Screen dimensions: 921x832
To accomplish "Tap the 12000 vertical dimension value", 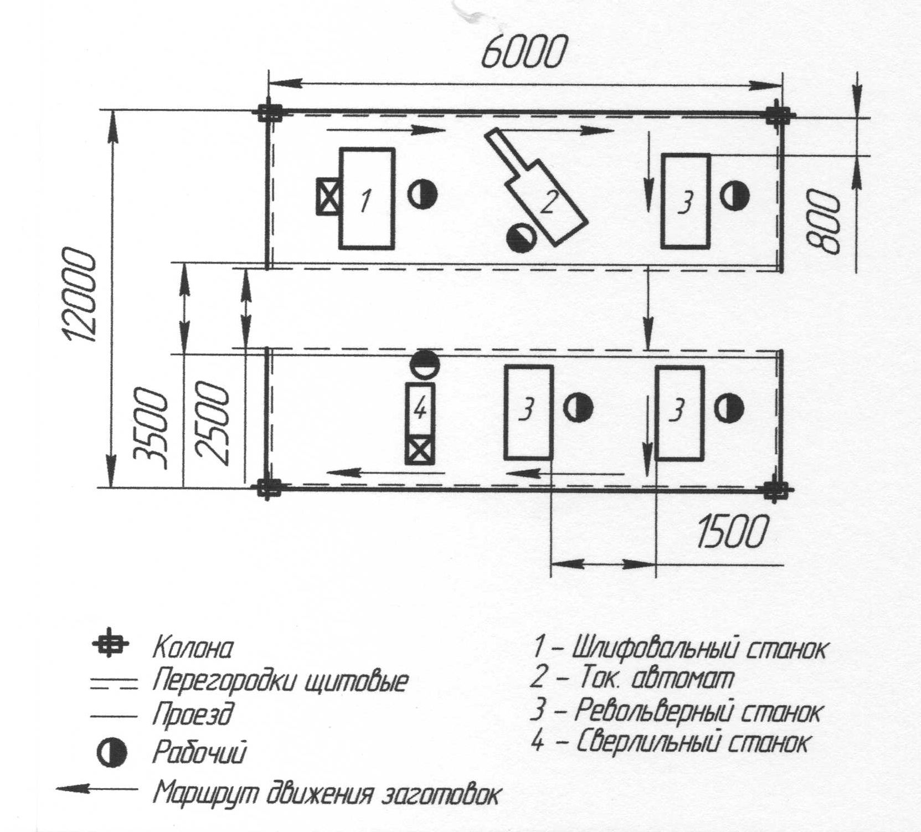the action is tap(79, 295).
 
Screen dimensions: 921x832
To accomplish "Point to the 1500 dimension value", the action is tap(733, 531).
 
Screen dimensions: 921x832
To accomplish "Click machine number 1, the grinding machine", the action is tap(367, 198).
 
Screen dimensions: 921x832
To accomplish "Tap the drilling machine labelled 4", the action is tap(420, 423).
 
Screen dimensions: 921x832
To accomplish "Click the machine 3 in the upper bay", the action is tap(686, 201).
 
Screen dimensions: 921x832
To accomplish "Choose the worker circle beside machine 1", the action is tap(423, 194).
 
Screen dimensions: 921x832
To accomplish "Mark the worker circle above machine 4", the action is tap(424, 364).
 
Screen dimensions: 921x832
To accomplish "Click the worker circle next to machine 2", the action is tap(522, 237).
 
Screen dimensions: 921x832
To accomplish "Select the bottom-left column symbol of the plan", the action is tap(268, 489).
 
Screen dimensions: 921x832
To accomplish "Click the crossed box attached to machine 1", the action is tap(328, 196).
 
